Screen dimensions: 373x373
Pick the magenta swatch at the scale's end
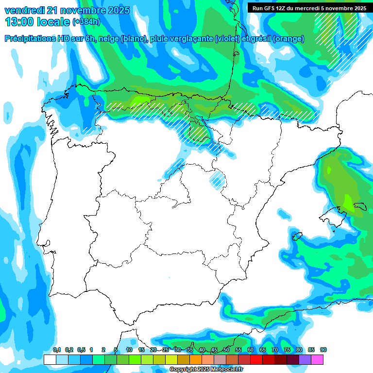(317, 359)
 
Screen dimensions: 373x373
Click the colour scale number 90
(323, 350)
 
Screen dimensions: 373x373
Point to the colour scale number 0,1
(57, 350)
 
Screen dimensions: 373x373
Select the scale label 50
(226, 350)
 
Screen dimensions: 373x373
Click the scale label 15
(141, 350)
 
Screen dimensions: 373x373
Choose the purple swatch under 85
(305, 359)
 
